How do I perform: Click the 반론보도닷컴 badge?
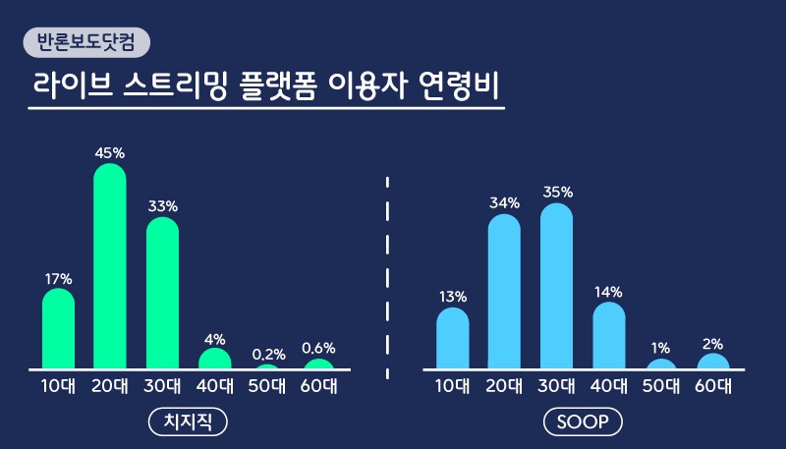(85, 42)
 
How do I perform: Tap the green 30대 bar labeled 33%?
(162, 294)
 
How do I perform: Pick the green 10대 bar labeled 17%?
(58, 329)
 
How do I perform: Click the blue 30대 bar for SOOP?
(556, 286)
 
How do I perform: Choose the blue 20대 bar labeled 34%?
(504, 292)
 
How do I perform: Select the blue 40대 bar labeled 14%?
(609, 335)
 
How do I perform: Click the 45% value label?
(110, 153)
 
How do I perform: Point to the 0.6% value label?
(319, 348)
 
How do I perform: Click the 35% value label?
(557, 193)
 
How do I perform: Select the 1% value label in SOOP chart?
(660, 348)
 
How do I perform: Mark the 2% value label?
(712, 343)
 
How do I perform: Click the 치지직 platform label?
(188, 422)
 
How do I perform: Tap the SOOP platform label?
(583, 422)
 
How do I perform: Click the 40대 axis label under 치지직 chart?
(214, 386)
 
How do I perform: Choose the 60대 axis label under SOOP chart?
(712, 386)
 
